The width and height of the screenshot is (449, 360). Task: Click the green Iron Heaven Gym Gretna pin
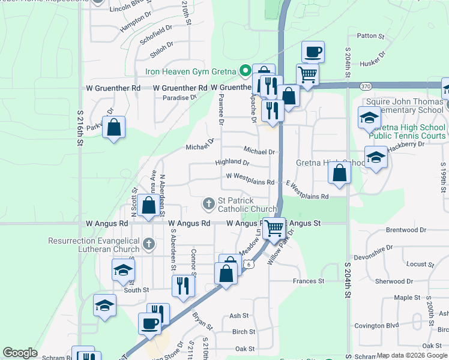[x=245, y=71]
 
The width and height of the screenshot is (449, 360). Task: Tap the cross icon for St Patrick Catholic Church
[x=209, y=204]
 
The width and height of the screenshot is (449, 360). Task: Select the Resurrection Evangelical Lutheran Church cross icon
[x=149, y=244]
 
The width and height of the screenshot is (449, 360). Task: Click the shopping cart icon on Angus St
[x=274, y=227]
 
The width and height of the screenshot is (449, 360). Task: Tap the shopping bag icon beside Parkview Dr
[x=113, y=127]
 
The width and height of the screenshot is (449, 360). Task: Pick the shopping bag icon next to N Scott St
[x=148, y=205]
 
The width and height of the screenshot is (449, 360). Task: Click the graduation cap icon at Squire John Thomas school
[x=369, y=118]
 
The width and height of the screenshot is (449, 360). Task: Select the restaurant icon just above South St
[x=183, y=285]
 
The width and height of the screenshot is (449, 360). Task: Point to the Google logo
[x=20, y=353]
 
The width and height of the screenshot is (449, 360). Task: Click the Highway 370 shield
[x=366, y=87]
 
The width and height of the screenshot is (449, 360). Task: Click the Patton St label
[x=370, y=36]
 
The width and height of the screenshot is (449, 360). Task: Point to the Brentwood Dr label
[x=405, y=230]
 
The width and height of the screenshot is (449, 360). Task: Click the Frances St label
[x=308, y=281]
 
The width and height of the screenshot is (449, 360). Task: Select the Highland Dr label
[x=232, y=163]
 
